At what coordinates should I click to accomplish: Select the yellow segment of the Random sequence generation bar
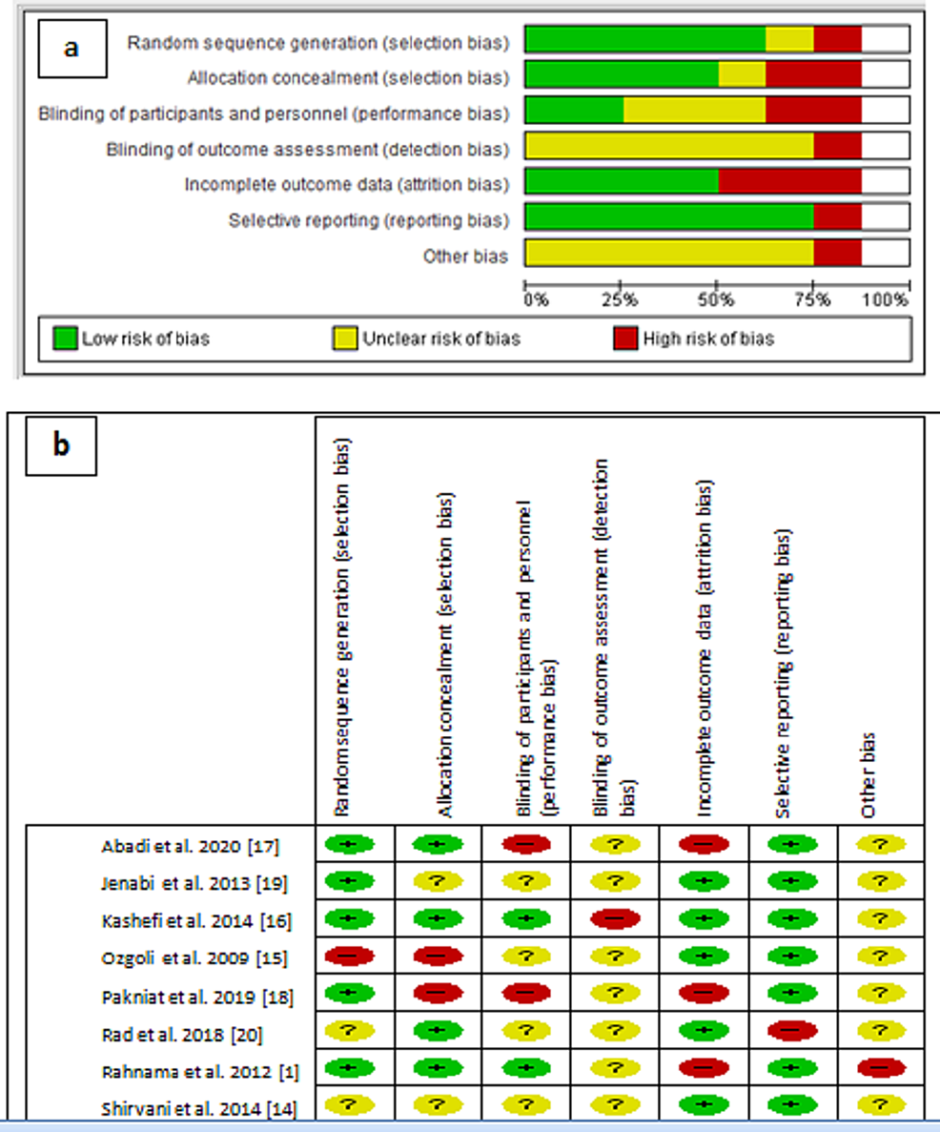[x=789, y=39]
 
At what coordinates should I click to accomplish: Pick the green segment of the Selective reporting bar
[x=669, y=219]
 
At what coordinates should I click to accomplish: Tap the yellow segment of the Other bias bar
[x=669, y=255]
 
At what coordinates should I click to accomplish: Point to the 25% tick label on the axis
[x=620, y=300]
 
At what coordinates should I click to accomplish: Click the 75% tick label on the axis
[x=812, y=300]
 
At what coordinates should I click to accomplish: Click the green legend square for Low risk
[x=66, y=338]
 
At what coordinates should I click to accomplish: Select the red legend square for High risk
[x=626, y=338]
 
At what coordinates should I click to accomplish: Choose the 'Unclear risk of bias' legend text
[x=441, y=338]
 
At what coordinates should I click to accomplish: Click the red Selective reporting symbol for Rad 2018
[x=795, y=1030]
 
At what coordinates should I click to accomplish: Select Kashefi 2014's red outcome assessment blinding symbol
[x=616, y=919]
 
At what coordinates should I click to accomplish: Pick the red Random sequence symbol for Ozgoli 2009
[x=349, y=956]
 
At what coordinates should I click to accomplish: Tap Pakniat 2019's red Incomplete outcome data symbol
[x=705, y=993]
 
